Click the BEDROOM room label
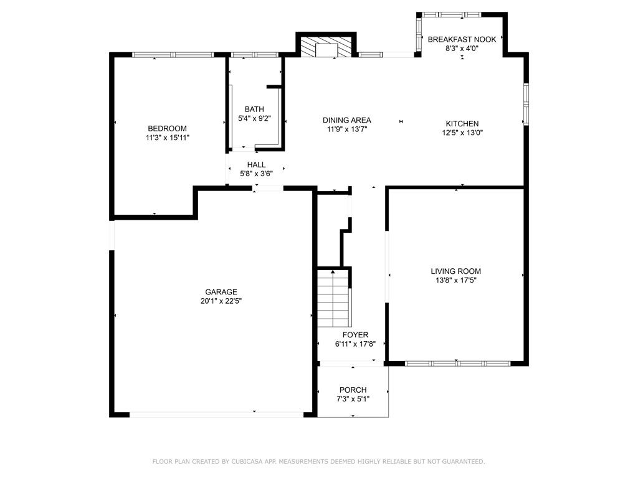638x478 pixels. [x=167, y=128]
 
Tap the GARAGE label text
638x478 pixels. [x=221, y=292]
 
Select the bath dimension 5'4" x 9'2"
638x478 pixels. [x=254, y=118]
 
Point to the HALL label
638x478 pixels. [x=256, y=164]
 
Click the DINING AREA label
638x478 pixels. [x=346, y=120]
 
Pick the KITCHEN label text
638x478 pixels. [x=462, y=124]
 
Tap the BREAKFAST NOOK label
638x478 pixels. [x=462, y=39]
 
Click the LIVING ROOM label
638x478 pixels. [x=455, y=271]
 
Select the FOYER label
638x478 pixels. [x=355, y=335]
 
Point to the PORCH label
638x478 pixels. [x=353, y=390]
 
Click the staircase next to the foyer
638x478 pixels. [x=334, y=298]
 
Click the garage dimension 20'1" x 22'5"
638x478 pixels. [x=221, y=301]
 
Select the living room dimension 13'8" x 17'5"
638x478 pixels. [x=455, y=280]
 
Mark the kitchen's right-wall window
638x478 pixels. [x=526, y=104]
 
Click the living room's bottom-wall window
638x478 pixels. [x=458, y=363]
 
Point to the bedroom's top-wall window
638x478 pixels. [x=173, y=55]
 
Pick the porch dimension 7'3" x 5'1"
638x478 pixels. [x=353, y=399]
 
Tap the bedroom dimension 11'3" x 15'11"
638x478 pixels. [x=167, y=138]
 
